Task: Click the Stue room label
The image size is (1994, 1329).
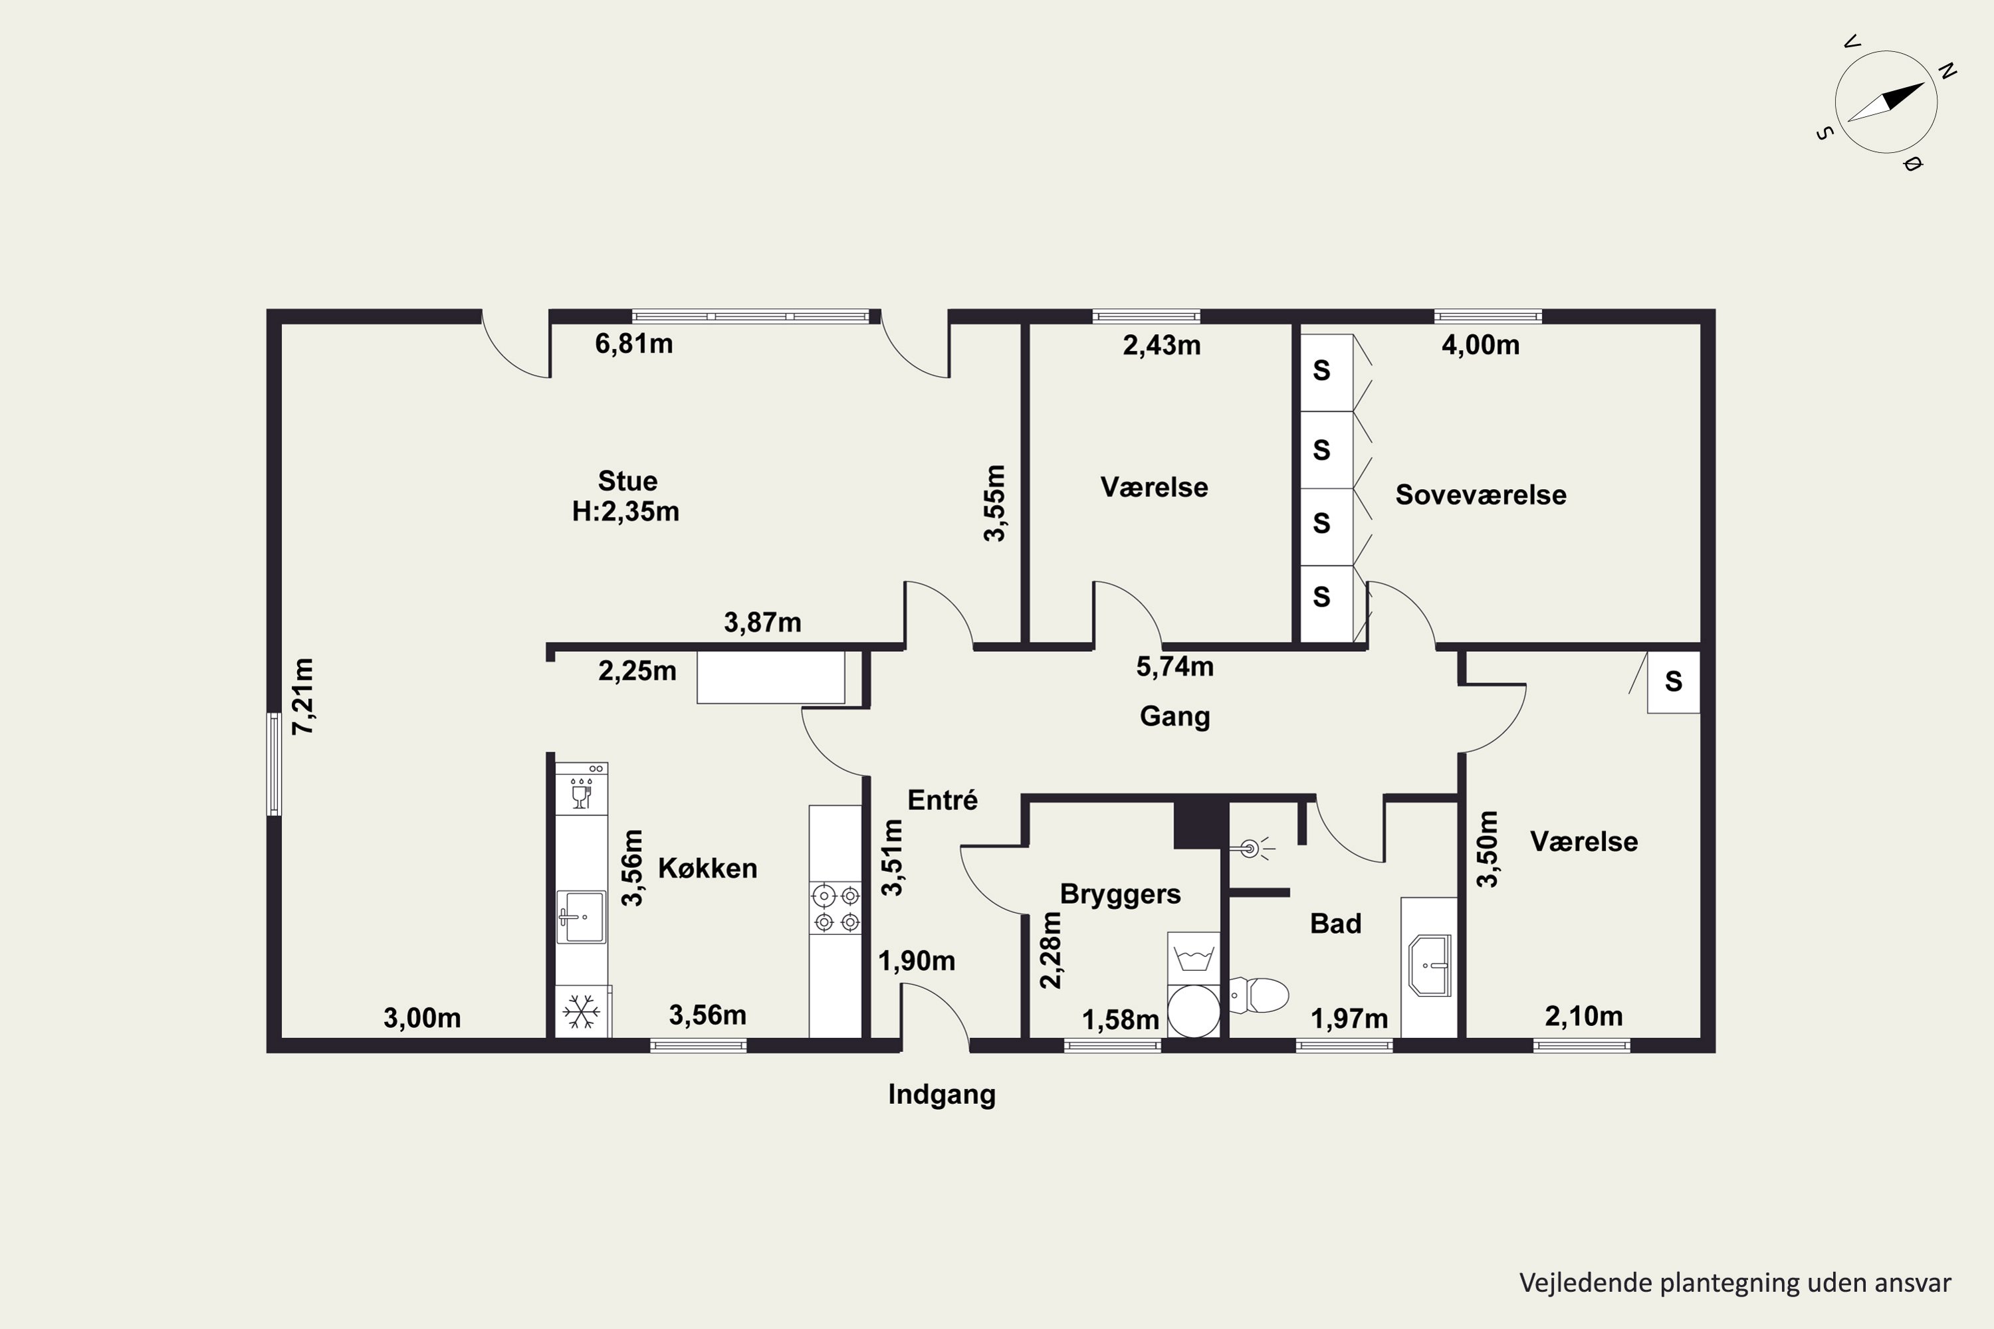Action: tap(627, 481)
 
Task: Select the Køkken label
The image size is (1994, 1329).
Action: tap(707, 868)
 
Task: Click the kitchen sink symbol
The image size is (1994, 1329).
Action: tap(581, 916)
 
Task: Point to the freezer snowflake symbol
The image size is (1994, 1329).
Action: tap(582, 1011)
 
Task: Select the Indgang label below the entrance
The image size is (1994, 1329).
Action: tap(941, 1094)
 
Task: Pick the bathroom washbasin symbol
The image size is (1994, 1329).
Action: tap(1430, 965)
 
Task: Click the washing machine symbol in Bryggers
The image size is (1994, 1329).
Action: tap(1193, 959)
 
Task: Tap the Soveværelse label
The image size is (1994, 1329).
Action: tap(1480, 495)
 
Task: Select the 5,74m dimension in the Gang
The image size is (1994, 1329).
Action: tap(1174, 667)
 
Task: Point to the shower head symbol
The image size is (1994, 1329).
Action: tap(1250, 848)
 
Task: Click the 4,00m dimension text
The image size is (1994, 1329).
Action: tap(1480, 345)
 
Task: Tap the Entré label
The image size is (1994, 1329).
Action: tap(942, 800)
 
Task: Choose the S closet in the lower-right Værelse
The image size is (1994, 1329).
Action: tap(1673, 682)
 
